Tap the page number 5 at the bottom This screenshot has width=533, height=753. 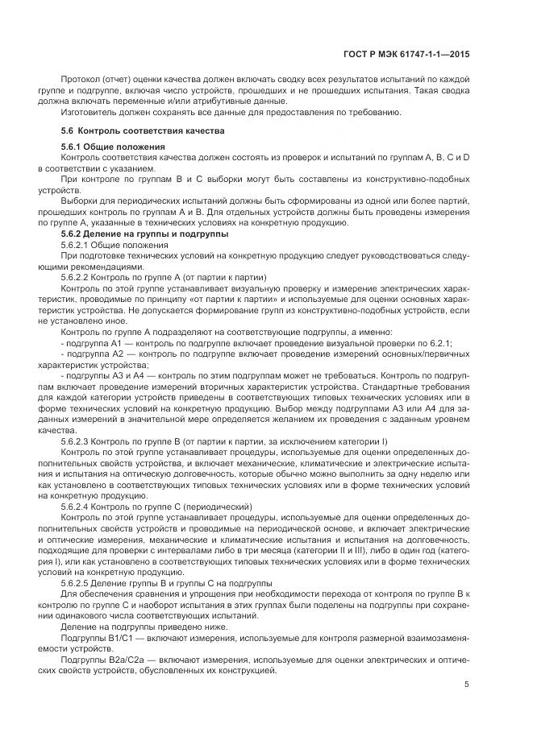tap(467, 685)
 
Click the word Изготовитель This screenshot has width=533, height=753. tap(87, 112)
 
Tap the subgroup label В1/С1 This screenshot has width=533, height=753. tap(123, 637)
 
